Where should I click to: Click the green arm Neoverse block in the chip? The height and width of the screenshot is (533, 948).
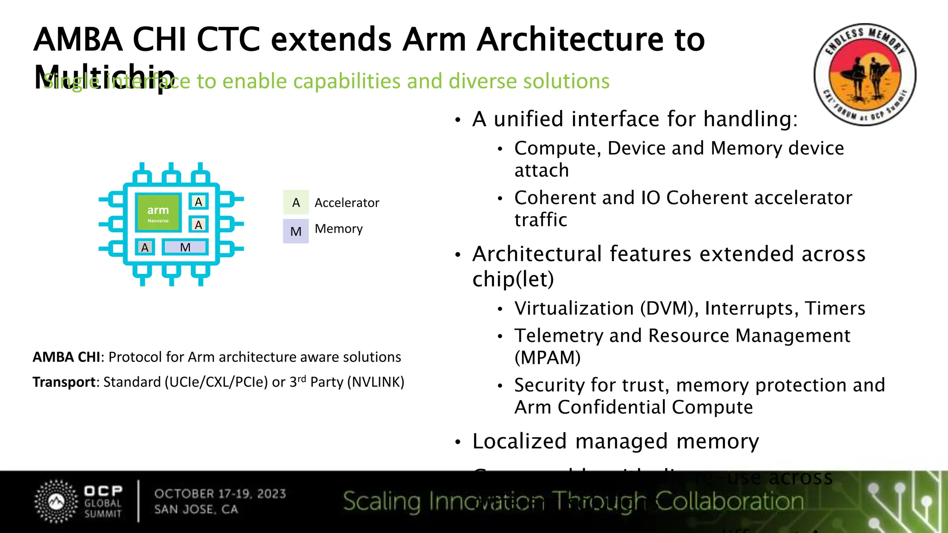point(158,213)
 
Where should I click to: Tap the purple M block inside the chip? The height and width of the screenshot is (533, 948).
point(185,248)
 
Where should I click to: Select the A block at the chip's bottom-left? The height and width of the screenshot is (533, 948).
point(145,248)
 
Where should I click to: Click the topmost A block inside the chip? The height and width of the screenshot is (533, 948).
point(199,202)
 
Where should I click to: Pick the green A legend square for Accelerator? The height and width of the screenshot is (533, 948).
point(296,203)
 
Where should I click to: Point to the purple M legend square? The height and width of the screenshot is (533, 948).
point(296,231)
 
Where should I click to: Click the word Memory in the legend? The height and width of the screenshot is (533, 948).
point(338,229)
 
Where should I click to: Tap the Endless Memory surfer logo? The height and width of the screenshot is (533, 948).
point(864,74)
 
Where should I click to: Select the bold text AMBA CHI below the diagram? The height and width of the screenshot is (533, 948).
point(66,357)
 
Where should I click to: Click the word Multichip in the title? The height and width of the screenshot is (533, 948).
point(104,77)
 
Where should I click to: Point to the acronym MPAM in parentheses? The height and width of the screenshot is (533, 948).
point(548,358)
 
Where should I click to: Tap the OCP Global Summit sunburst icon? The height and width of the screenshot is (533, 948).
point(56,502)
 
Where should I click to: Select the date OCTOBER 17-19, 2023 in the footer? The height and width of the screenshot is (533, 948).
point(220,494)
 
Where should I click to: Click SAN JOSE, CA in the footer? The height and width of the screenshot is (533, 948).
point(196,509)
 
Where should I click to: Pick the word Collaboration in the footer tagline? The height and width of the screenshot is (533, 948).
point(730,502)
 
